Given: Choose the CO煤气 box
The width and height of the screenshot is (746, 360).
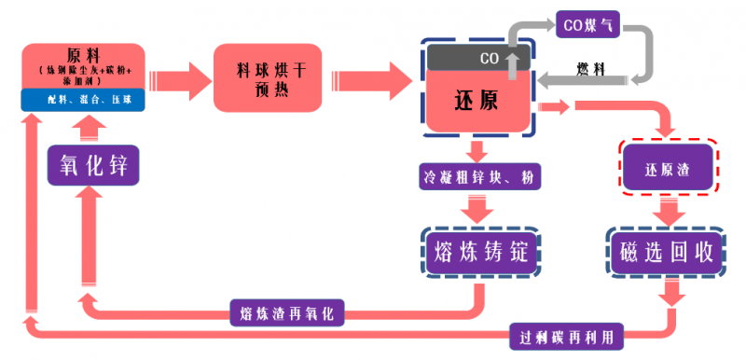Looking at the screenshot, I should [584, 26].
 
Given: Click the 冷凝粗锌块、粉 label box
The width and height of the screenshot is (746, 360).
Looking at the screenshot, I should [477, 175].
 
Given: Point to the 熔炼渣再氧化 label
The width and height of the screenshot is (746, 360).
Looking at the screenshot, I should [286, 312].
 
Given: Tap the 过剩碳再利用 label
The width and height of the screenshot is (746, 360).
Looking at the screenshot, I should [567, 334].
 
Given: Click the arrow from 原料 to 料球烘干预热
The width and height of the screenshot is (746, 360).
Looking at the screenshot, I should [178, 75].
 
